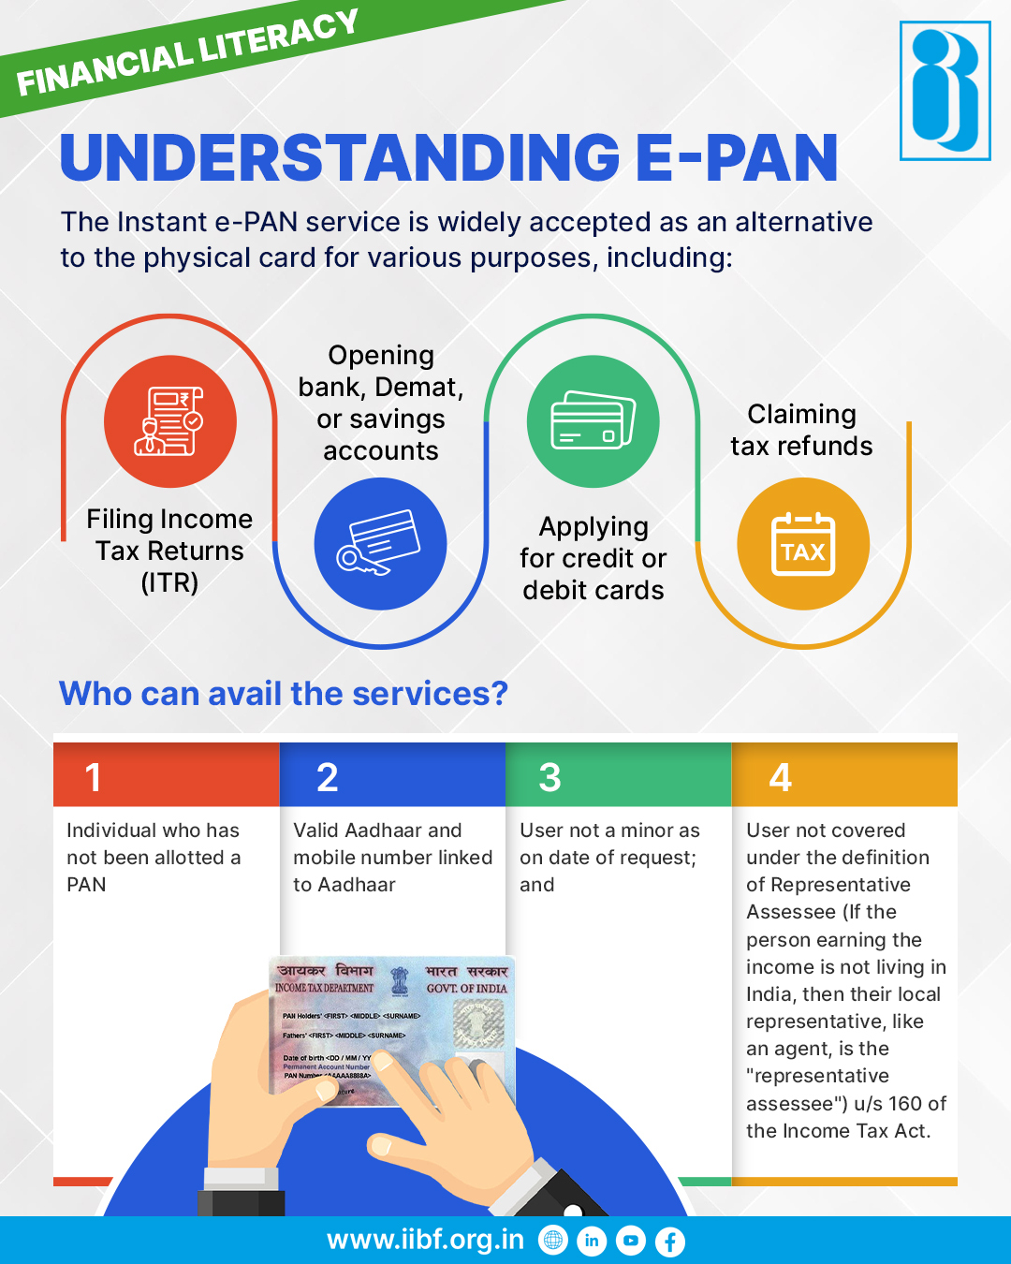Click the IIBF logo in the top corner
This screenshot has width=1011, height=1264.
(945, 91)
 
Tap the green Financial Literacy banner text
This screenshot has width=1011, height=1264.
(187, 53)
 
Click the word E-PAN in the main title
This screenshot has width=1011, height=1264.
(737, 157)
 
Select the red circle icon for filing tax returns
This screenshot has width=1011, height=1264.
(169, 421)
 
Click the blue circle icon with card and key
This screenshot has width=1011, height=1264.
(380, 544)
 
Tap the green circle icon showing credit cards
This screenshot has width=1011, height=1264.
(593, 421)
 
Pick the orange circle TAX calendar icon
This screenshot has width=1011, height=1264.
(802, 544)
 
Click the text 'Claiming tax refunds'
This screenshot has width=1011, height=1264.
(801, 430)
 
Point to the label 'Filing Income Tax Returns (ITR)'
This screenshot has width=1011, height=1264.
(169, 551)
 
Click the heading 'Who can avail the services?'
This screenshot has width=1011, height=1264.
(284, 694)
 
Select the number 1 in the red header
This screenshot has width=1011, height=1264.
(94, 777)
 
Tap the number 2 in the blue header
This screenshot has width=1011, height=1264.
(327, 777)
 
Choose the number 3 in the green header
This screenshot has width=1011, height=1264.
(549, 777)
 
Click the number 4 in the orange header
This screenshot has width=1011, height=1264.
(780, 777)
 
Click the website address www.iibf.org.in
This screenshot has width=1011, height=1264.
(425, 1240)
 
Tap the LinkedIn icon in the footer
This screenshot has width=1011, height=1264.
(592, 1242)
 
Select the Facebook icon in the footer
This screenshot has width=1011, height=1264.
(669, 1242)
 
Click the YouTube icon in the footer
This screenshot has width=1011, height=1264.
(631, 1242)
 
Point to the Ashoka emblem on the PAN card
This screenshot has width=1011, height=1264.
(400, 980)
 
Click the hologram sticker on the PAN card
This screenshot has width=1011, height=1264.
(478, 1023)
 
